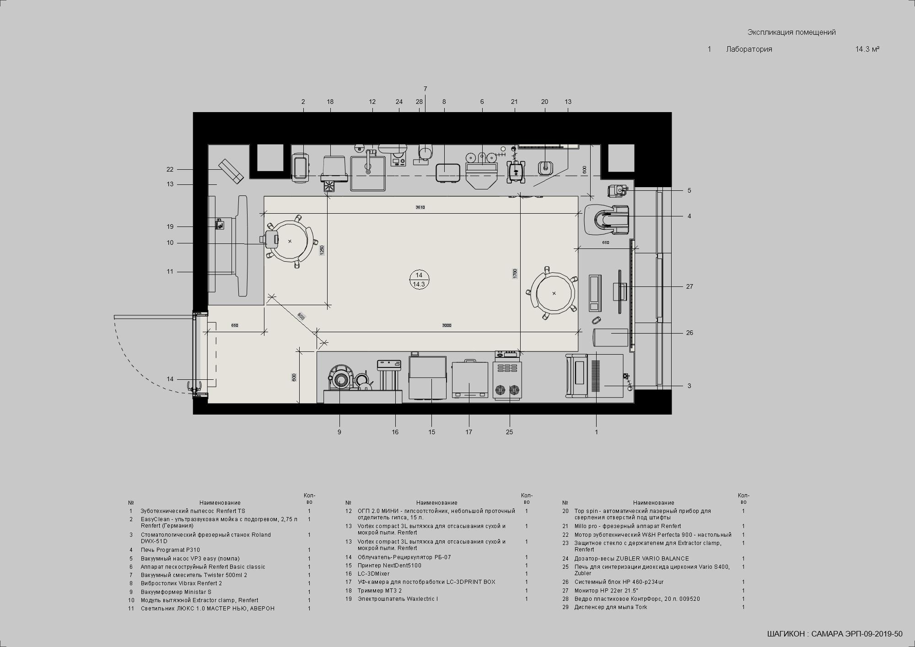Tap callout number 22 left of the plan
pyautogui.click(x=170, y=169)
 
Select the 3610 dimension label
pyautogui.click(x=420, y=207)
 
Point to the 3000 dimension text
pyautogui.click(x=447, y=325)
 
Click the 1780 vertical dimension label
pyautogui.click(x=515, y=274)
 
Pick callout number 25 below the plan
pyautogui.click(x=510, y=432)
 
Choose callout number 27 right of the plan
pyautogui.click(x=689, y=286)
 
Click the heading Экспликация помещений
pyautogui.click(x=791, y=32)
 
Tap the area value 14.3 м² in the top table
pyautogui.click(x=867, y=49)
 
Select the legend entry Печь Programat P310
pyautogui.click(x=170, y=550)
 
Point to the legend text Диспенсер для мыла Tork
pyautogui.click(x=611, y=607)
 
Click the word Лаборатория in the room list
pyautogui.click(x=749, y=49)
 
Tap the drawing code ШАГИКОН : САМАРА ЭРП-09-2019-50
pyautogui.click(x=834, y=634)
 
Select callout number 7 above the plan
pyautogui.click(x=425, y=89)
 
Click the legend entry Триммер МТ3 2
pyautogui.click(x=380, y=590)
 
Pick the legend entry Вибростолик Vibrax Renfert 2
pyautogui.click(x=181, y=583)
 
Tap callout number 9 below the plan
pyautogui.click(x=339, y=432)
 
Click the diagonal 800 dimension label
pyautogui.click(x=301, y=316)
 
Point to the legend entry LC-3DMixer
pyautogui.click(x=373, y=574)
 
